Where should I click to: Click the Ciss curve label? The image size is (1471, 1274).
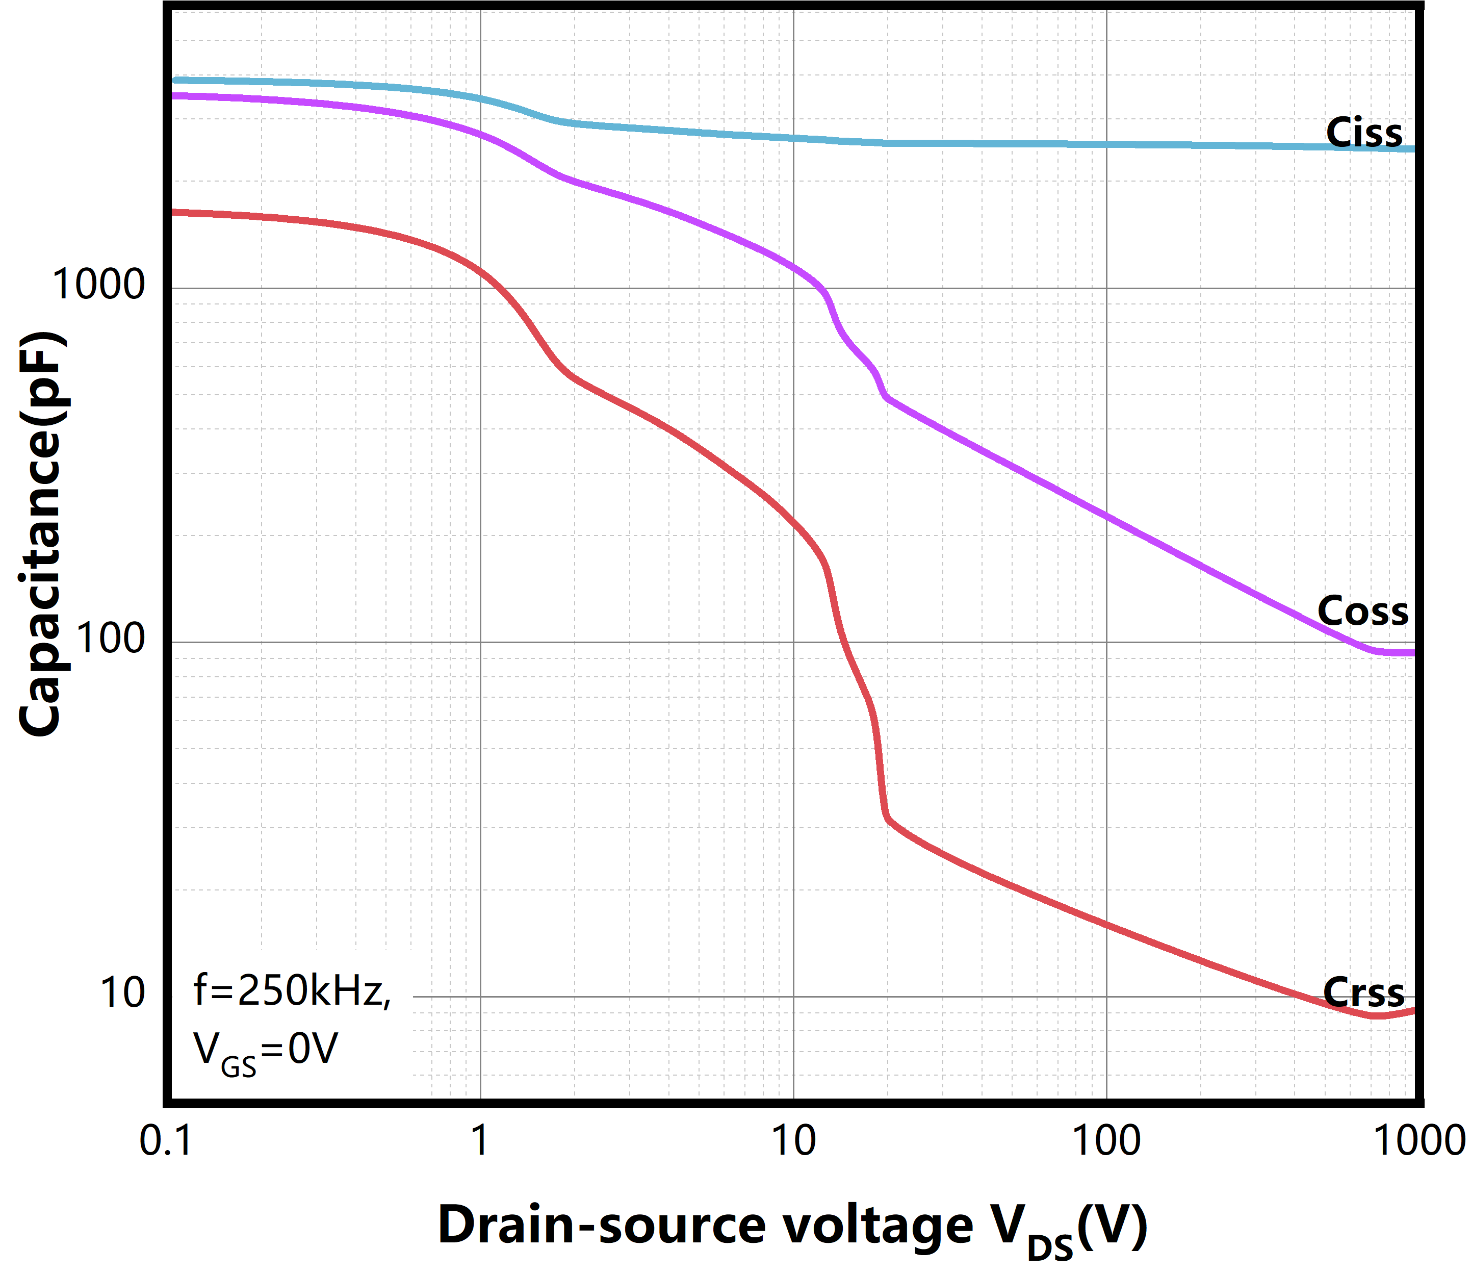[x=1364, y=133]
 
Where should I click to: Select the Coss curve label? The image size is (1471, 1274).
[x=1362, y=611]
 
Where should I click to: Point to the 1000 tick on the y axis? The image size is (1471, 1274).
[x=98, y=285]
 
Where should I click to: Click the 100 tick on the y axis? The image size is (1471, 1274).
[x=110, y=639]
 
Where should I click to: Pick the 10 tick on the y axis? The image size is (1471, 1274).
[x=122, y=993]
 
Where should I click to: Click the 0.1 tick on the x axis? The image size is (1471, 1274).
[x=166, y=1141]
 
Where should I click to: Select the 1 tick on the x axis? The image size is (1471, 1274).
[x=480, y=1141]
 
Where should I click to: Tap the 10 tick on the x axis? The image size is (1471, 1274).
[x=793, y=1141]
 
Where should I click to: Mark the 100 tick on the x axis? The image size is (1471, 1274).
[x=1106, y=1141]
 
